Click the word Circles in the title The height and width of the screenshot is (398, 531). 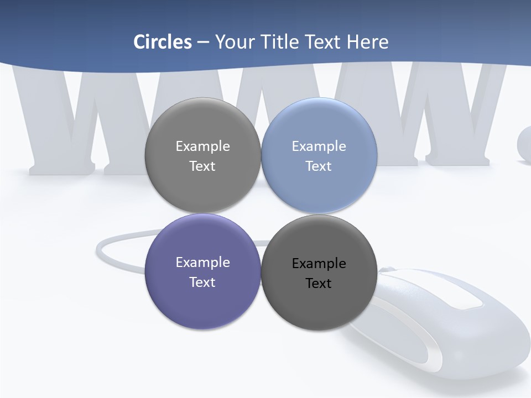click(163, 42)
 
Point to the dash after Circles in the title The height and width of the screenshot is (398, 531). click(203, 43)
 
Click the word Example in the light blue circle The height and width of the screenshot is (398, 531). click(319, 146)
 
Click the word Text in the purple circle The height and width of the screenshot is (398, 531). click(202, 282)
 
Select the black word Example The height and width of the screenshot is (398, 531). click(319, 263)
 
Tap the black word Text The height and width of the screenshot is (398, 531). click(319, 283)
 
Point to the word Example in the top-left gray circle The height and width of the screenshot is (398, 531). click(202, 146)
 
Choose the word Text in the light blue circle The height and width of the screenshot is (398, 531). click(319, 166)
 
